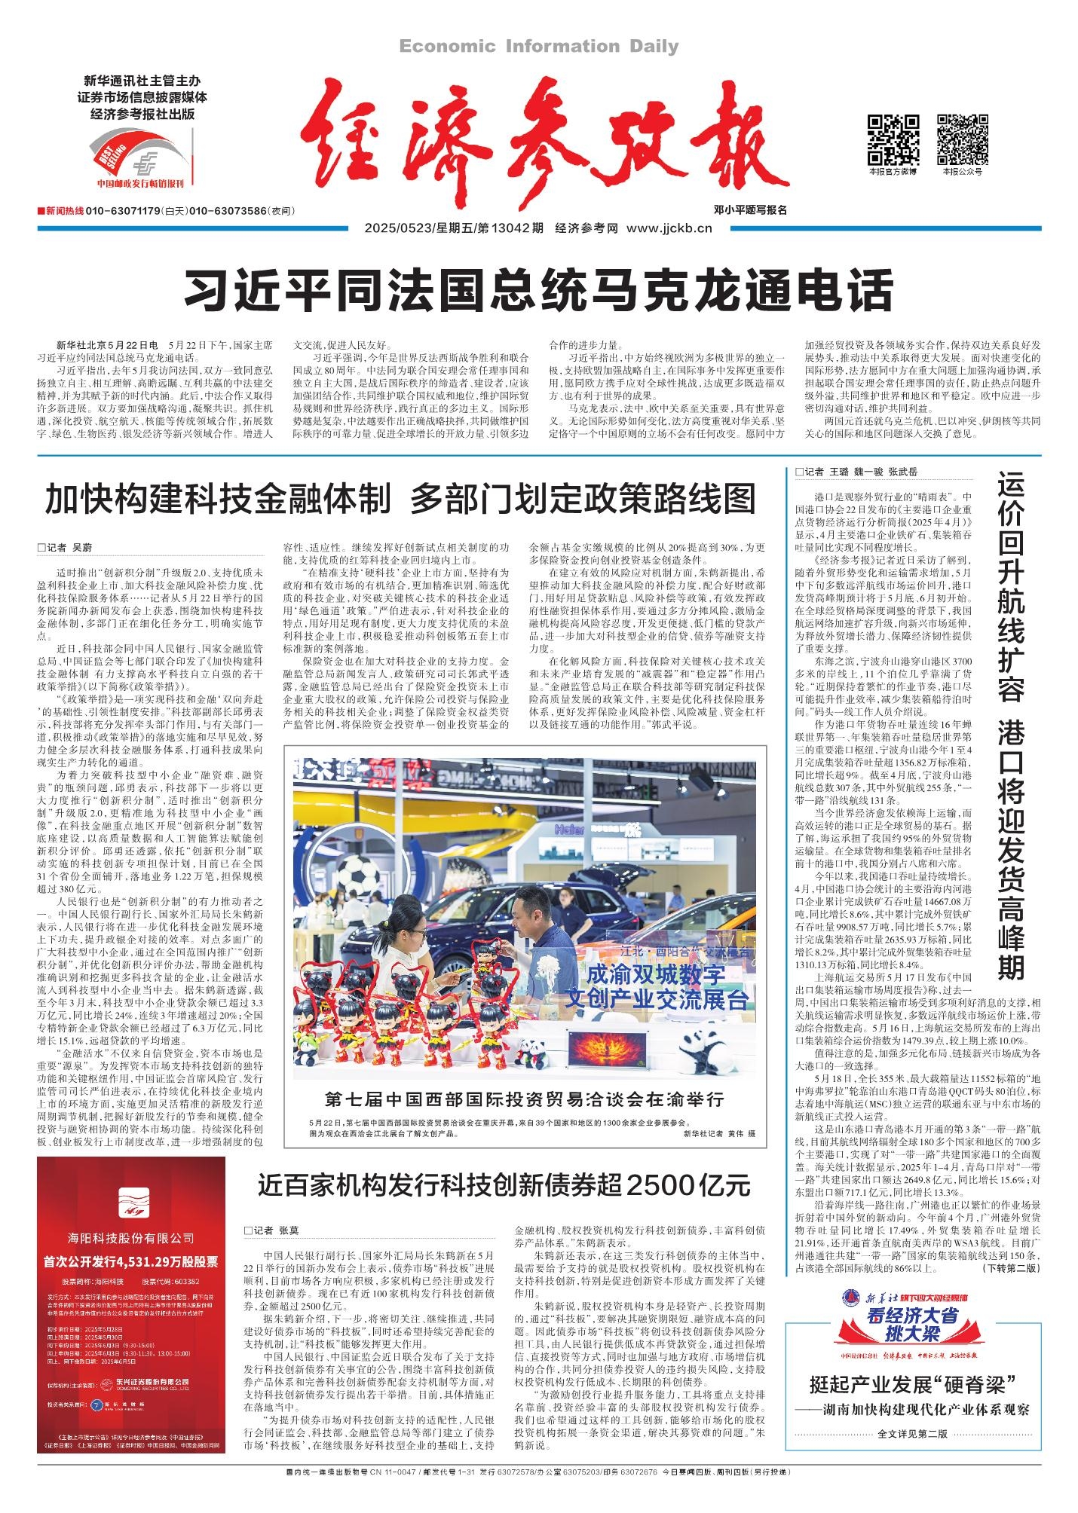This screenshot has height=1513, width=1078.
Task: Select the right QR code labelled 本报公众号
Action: pos(962,139)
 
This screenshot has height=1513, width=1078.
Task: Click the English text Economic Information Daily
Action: pos(538,47)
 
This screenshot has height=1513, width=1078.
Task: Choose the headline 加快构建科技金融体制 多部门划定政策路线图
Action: pos(400,500)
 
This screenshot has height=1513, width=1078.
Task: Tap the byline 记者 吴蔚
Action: pos(75,548)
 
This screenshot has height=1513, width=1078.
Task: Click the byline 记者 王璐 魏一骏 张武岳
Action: pos(856,472)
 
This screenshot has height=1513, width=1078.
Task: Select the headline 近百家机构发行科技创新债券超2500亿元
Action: pos(504,1185)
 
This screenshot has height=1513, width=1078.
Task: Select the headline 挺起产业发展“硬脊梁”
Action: pos(913,1384)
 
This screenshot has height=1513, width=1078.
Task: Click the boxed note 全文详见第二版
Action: pos(913,1433)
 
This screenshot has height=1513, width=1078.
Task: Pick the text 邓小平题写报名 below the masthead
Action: pos(750,210)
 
